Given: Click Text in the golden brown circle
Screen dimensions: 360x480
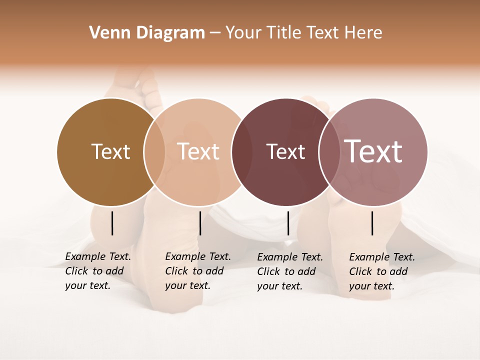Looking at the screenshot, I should click(x=111, y=151).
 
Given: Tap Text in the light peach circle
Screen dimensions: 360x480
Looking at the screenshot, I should click(x=198, y=151).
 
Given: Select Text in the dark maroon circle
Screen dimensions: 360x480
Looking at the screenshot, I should click(x=285, y=151).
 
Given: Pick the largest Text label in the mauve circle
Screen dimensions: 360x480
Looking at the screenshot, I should click(x=373, y=151).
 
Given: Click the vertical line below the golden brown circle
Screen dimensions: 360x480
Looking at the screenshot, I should click(x=112, y=223).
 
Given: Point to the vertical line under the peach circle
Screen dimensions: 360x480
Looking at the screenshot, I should click(x=200, y=223).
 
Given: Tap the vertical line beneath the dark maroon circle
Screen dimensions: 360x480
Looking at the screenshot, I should click(x=288, y=223).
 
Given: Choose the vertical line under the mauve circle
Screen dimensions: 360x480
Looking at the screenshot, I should click(x=372, y=223).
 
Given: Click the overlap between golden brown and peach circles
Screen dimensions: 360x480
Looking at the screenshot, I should click(x=154, y=152).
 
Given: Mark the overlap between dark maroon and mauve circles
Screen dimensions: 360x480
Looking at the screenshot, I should click(x=329, y=152).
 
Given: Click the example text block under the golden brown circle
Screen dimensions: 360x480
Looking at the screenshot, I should click(x=98, y=271).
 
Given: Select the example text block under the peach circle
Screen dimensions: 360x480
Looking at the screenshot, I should click(x=198, y=271).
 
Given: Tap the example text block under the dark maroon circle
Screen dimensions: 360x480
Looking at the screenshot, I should click(x=290, y=271).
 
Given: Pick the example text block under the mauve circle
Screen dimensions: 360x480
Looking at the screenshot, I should click(x=382, y=271).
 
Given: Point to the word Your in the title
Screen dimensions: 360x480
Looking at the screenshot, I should click(x=243, y=33).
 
